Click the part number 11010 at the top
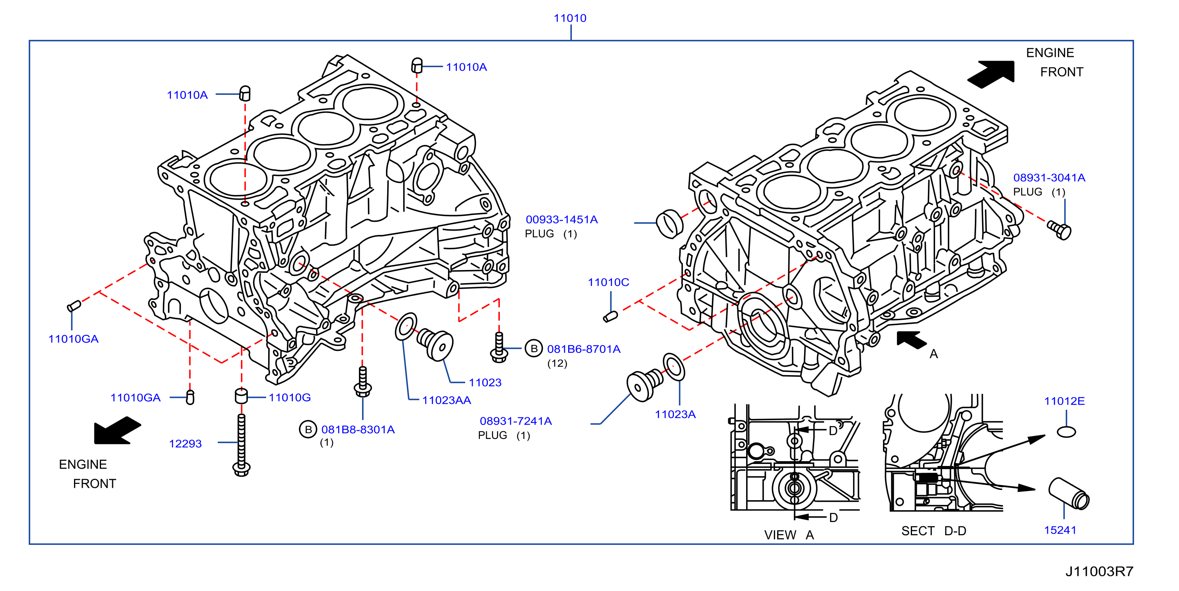[570, 18]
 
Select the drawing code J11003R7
[1099, 571]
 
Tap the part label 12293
[185, 444]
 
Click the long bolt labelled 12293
[241, 445]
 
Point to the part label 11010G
[290, 397]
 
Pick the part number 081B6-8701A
[584, 349]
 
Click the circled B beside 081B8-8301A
[308, 429]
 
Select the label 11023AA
[446, 400]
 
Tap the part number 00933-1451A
[561, 219]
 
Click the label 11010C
[608, 282]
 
